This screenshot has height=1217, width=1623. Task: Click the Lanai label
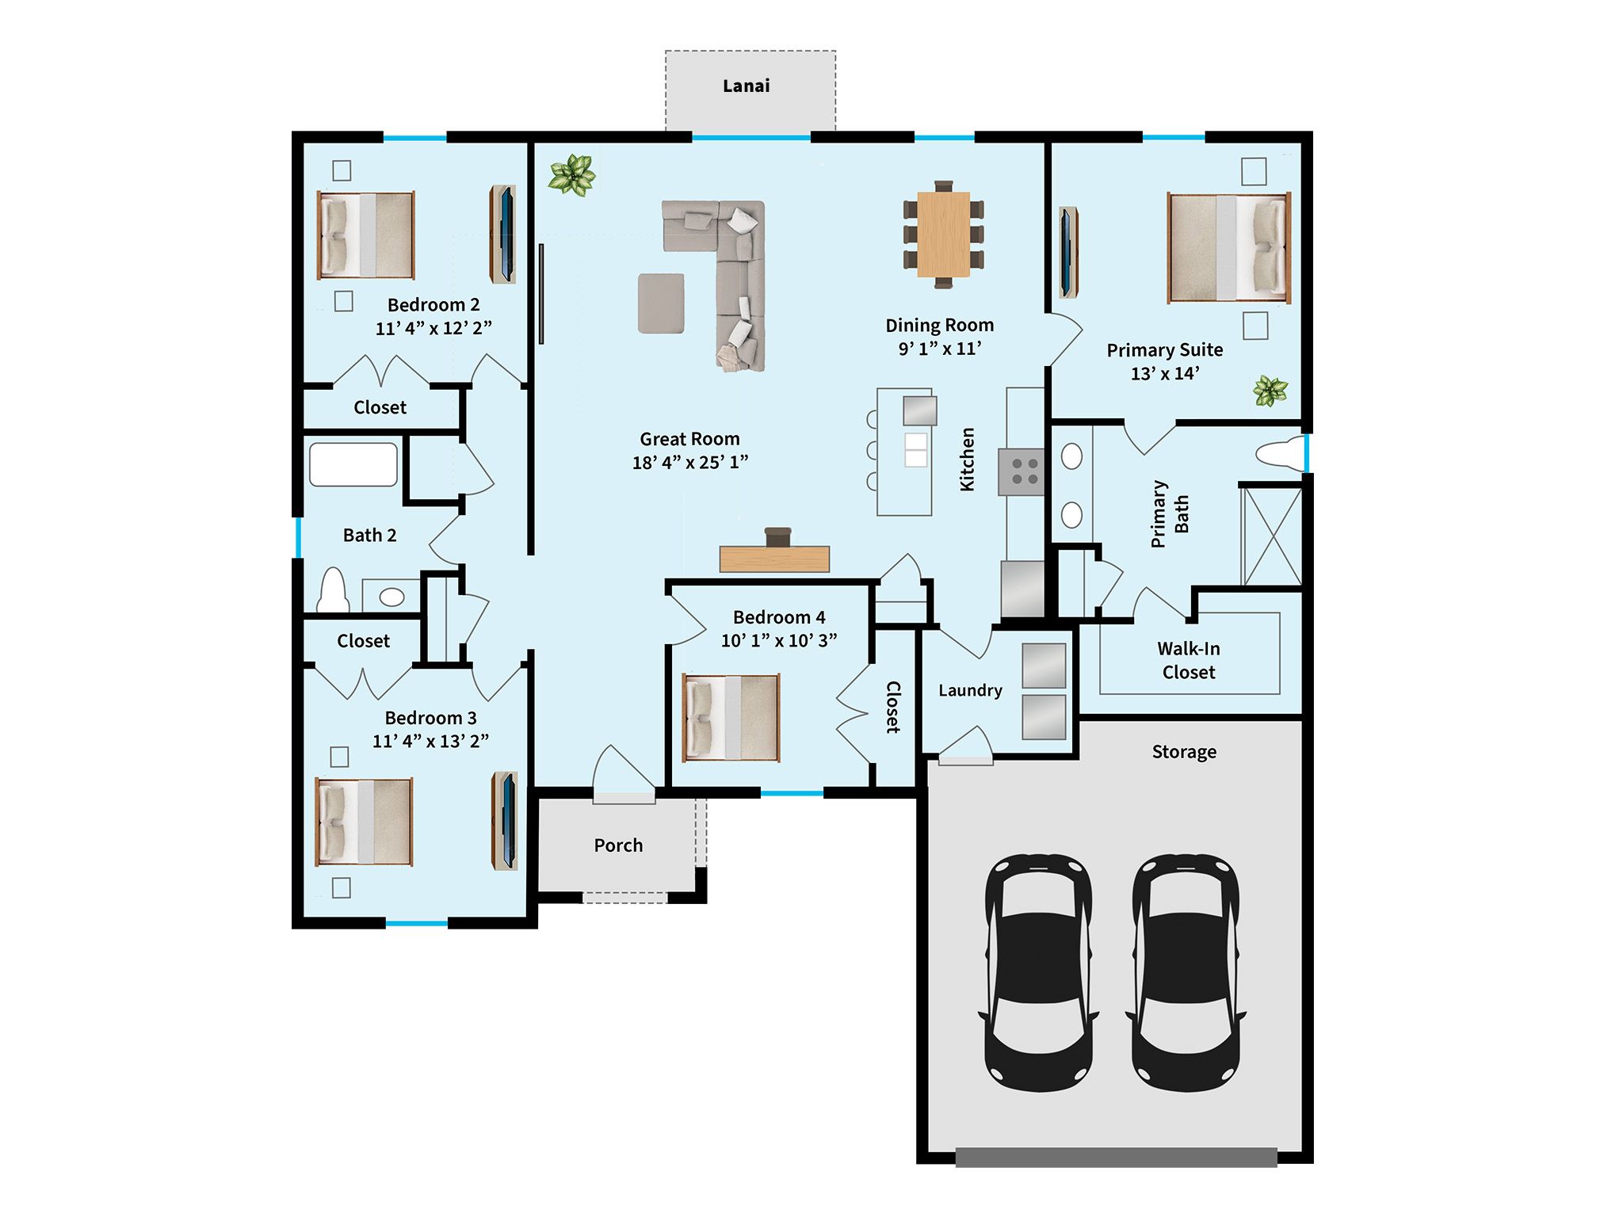(746, 86)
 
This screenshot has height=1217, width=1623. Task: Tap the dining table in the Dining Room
(943, 235)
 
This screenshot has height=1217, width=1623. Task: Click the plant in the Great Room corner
(571, 175)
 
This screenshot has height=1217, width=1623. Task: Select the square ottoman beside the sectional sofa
(661, 303)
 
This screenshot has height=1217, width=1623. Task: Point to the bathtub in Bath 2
(353, 464)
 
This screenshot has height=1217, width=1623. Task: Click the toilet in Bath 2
(333, 591)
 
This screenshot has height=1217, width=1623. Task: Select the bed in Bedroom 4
(731, 718)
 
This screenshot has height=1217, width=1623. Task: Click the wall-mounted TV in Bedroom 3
(505, 820)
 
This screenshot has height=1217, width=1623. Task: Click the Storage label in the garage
(1184, 752)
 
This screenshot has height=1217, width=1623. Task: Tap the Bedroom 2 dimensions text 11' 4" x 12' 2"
(433, 328)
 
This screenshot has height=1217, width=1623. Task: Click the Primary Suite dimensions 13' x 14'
(1165, 373)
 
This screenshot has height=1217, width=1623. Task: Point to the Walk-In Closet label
(1188, 660)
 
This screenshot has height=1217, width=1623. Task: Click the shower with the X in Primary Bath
(1271, 536)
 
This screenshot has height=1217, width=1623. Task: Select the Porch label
(618, 845)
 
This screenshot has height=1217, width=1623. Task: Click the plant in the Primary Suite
(1270, 391)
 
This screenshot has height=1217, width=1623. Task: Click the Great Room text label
(689, 439)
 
